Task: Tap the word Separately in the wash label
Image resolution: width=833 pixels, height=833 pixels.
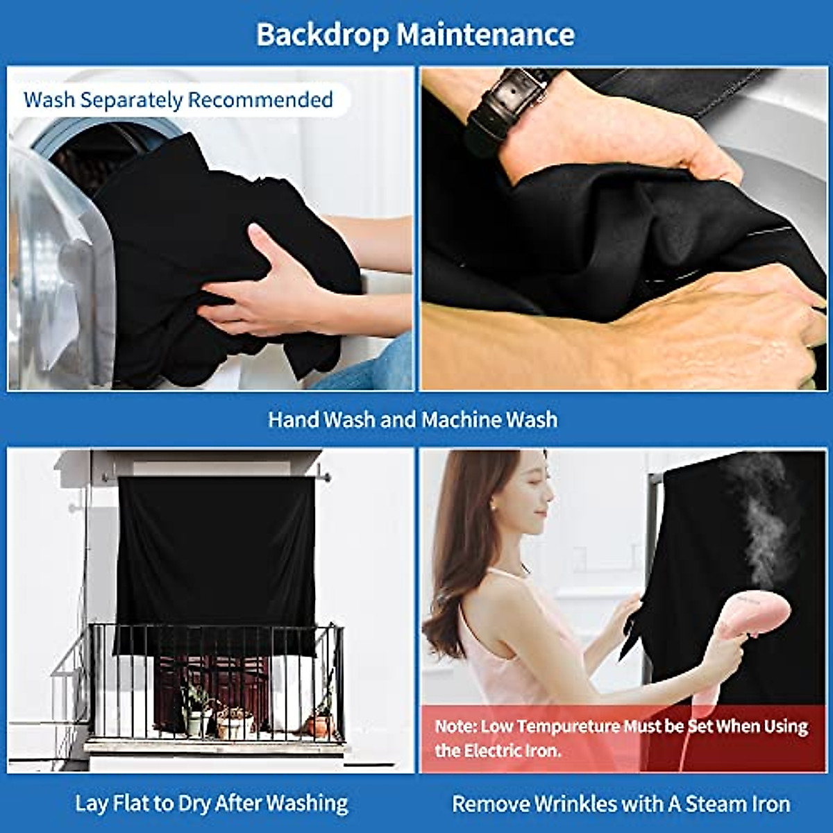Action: [x=131, y=100]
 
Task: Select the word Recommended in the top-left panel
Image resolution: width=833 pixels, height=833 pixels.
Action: [x=260, y=100]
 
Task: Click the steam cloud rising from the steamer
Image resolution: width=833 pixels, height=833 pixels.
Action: [x=764, y=514]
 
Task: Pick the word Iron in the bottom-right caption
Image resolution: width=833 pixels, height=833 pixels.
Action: [x=771, y=804]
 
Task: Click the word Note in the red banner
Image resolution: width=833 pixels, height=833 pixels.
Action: [x=455, y=727]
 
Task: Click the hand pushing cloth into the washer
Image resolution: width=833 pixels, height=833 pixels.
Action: [x=264, y=285]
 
